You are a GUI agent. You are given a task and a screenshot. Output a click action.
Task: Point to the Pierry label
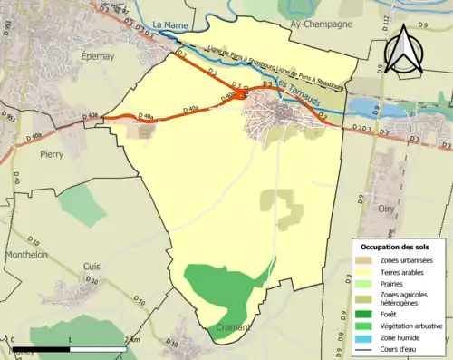[52, 155]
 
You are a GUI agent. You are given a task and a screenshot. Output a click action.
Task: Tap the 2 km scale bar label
[132, 339]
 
